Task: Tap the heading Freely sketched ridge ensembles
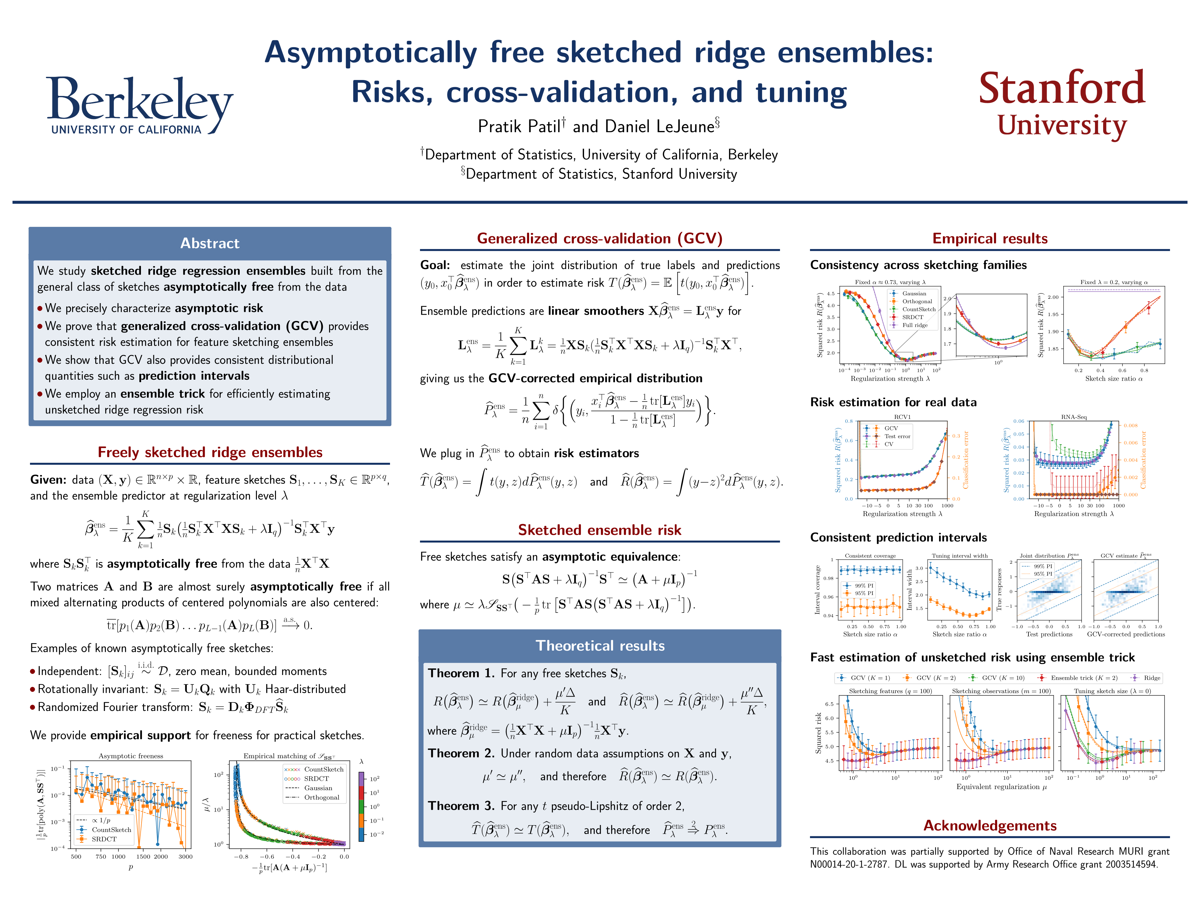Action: pyautogui.click(x=210, y=452)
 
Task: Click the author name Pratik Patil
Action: pyautogui.click(x=519, y=126)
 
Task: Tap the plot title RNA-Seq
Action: pyautogui.click(x=1074, y=417)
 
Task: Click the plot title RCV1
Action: pyautogui.click(x=902, y=417)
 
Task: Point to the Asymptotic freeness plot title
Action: pyautogui.click(x=131, y=756)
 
